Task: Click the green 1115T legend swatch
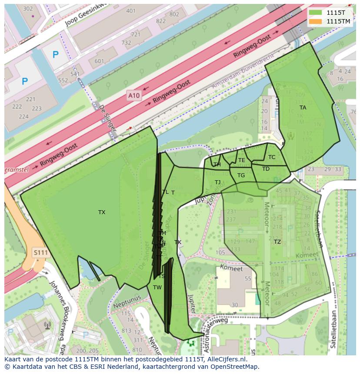(316, 13)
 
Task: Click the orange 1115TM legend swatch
(316, 21)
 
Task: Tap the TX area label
(102, 212)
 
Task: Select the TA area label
(303, 108)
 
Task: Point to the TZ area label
(277, 242)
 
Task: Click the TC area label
(272, 157)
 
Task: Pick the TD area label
(266, 169)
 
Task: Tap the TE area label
(242, 160)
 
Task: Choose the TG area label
(241, 175)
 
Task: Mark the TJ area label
(217, 182)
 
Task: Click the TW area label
(157, 288)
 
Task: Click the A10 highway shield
(134, 95)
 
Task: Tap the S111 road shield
(40, 252)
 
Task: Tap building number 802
(174, 14)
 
